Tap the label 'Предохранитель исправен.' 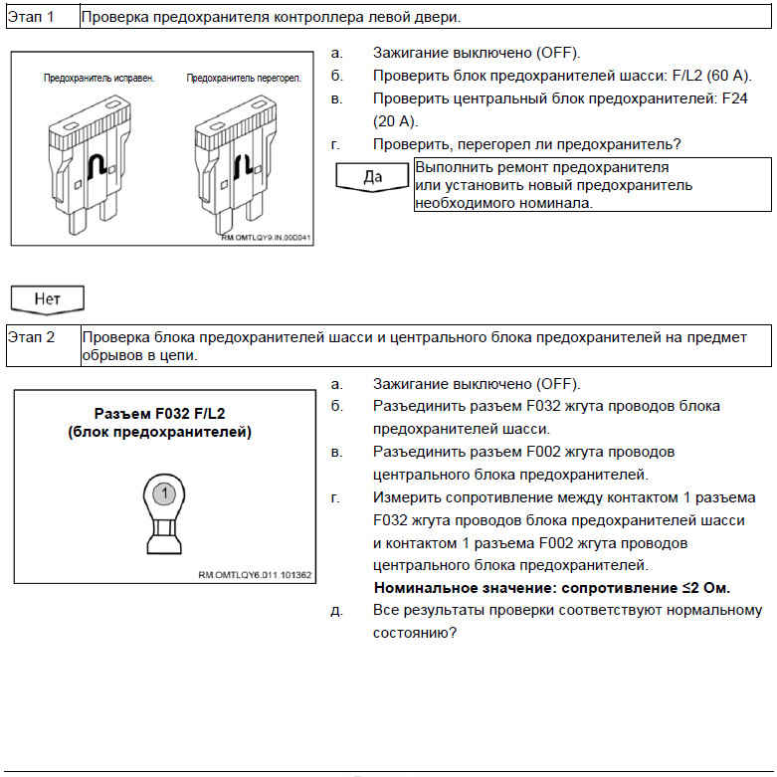pos(98,77)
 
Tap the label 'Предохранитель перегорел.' pos(244,77)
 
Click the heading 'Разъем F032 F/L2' pos(159,414)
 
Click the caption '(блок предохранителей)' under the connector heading pos(159,432)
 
